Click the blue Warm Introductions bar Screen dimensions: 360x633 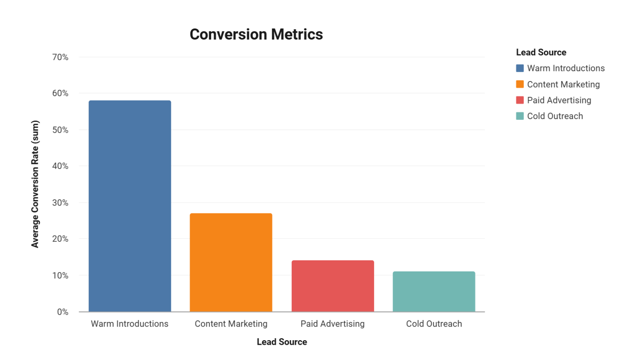[129, 206]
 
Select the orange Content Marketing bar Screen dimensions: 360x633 [231, 262]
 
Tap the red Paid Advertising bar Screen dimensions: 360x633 [333, 286]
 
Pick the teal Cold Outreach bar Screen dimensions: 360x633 [434, 291]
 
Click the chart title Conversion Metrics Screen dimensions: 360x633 [256, 35]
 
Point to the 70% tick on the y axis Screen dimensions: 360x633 [60, 57]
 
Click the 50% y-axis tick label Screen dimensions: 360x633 [60, 130]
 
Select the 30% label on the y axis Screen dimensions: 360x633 [60, 203]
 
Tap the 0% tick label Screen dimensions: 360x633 [63, 312]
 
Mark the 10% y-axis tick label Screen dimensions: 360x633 [60, 275]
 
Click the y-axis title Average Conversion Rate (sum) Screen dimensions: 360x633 [35, 184]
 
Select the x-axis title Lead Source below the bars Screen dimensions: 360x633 [282, 342]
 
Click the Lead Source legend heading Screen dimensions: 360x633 [541, 52]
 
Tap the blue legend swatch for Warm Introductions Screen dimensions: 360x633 [520, 68]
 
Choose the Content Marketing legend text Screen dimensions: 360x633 [563, 84]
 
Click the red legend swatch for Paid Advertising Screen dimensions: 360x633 [520, 100]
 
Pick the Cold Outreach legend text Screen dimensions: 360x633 [555, 116]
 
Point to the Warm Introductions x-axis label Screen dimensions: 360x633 [129, 324]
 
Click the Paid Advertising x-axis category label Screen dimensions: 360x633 [333, 324]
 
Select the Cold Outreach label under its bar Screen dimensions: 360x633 [434, 324]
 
